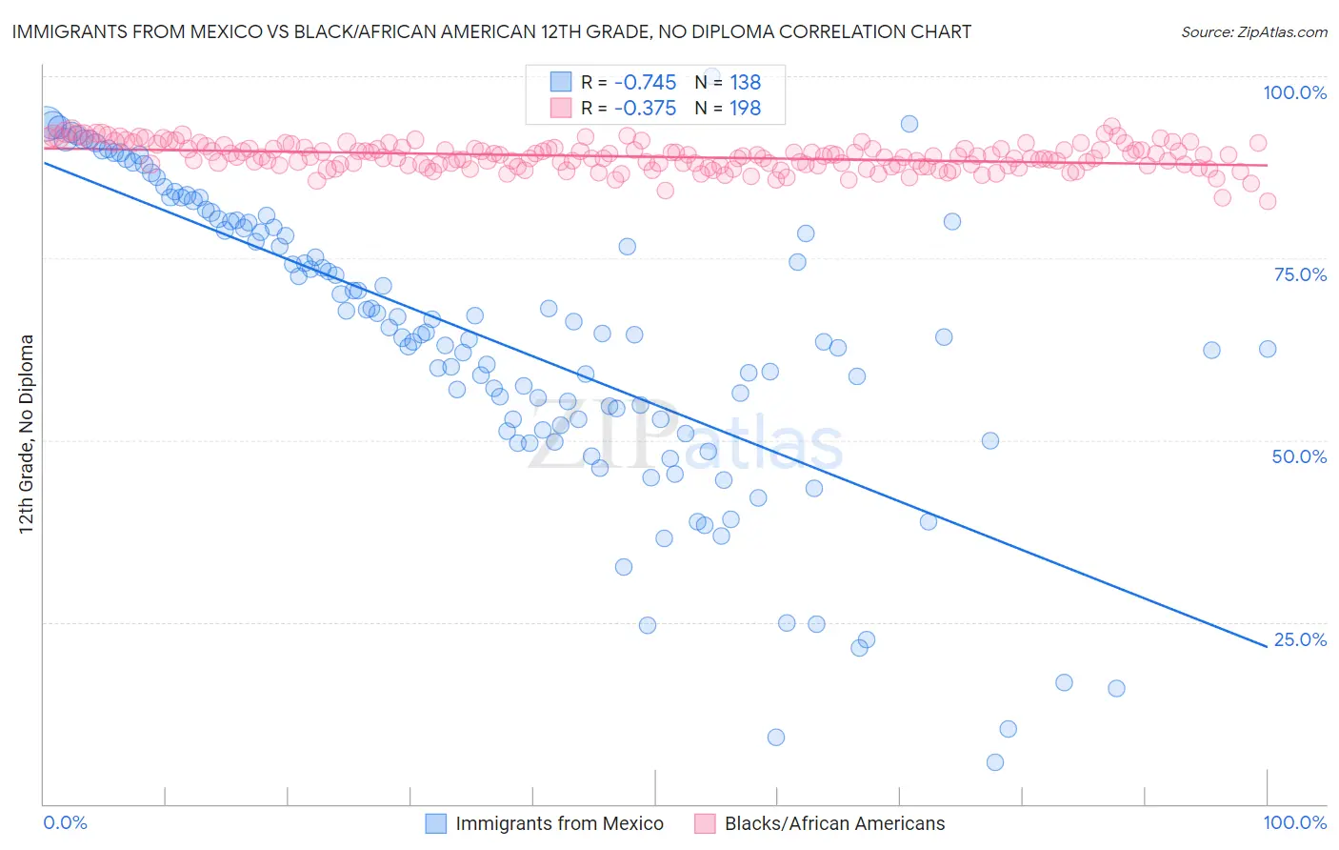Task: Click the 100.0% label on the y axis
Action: [x=1294, y=92]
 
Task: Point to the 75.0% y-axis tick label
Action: [x=1300, y=274]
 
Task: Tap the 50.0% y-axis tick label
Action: [x=1299, y=456]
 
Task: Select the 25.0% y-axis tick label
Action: [x=1300, y=639]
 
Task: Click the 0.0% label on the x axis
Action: [x=66, y=823]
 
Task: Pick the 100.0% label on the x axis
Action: [x=1294, y=823]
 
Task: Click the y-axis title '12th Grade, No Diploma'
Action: [x=27, y=434]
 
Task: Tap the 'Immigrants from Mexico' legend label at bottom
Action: [x=559, y=824]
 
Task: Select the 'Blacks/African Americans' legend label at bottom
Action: [x=834, y=824]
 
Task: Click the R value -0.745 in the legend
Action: [x=645, y=83]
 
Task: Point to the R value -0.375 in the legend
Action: [x=645, y=109]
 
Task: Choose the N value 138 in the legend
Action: [x=745, y=83]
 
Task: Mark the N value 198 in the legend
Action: [x=745, y=109]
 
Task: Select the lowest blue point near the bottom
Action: [x=995, y=762]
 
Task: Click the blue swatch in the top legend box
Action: [x=561, y=83]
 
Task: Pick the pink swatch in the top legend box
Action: [x=561, y=109]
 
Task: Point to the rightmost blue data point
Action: [x=1268, y=350]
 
